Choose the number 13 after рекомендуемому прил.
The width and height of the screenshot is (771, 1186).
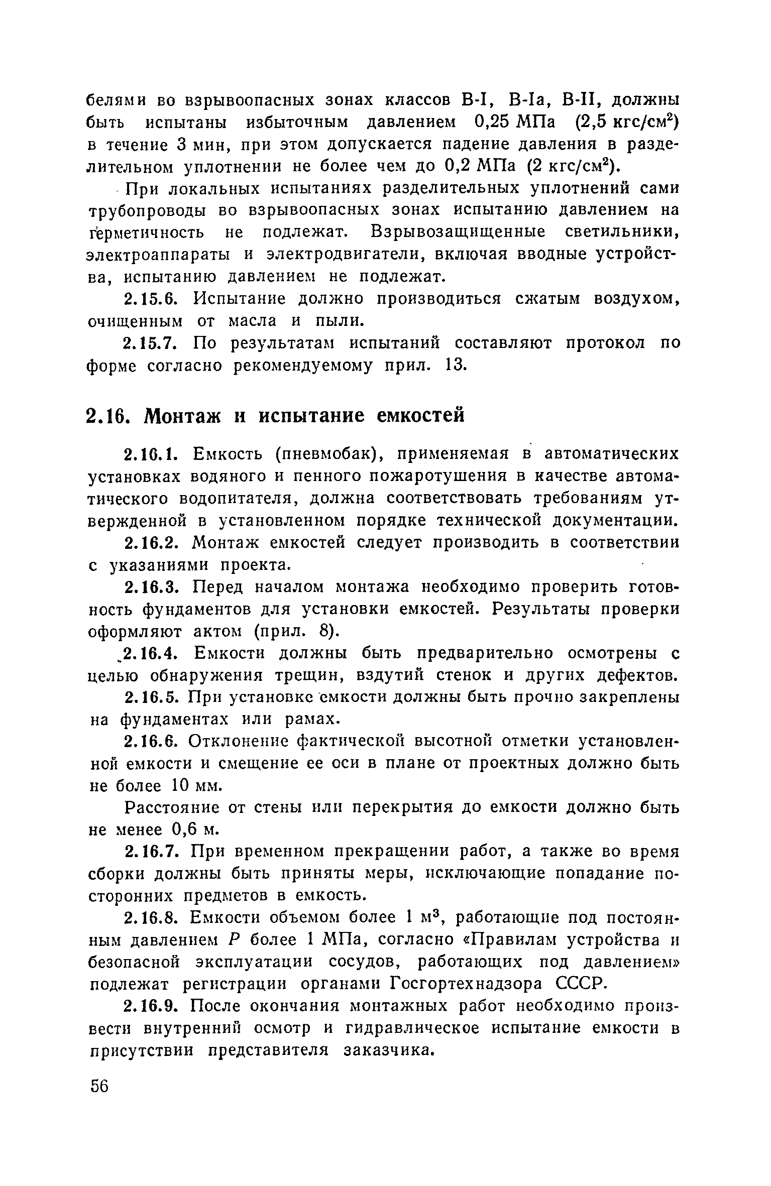(456, 366)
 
